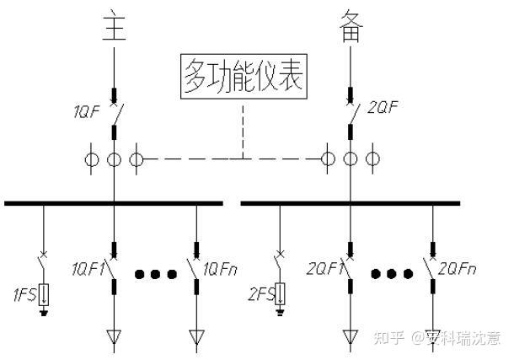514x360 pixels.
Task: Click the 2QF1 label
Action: click(324, 269)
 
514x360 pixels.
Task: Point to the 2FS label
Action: click(260, 295)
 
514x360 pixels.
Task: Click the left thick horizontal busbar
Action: click(113, 202)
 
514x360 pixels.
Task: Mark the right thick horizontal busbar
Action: click(351, 202)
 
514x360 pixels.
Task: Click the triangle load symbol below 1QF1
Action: click(113, 339)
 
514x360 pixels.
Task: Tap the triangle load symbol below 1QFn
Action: click(196, 339)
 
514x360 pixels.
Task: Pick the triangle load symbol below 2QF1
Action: click(351, 339)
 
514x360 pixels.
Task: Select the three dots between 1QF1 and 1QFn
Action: click(155, 274)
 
